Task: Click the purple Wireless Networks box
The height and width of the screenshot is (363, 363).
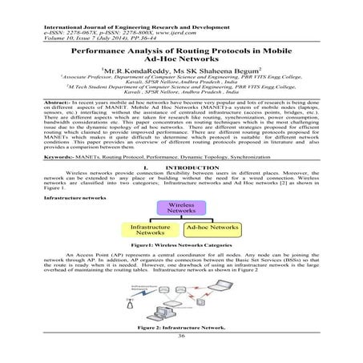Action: point(183,208)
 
